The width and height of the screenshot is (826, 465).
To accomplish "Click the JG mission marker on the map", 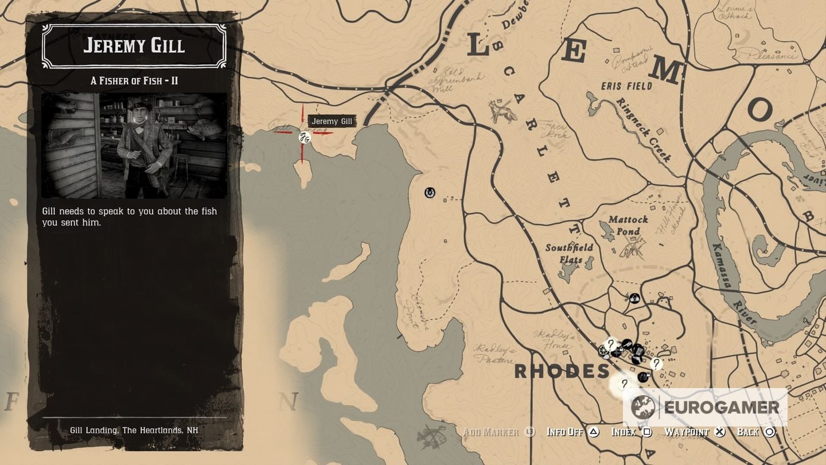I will click(x=305, y=137).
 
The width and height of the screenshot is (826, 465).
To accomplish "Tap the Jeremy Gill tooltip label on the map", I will click(x=332, y=121).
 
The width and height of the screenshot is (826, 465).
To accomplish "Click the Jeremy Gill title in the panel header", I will click(x=134, y=45).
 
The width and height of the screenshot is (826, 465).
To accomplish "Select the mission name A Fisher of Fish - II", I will click(x=134, y=81).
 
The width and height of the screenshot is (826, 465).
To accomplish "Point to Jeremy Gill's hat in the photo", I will click(x=139, y=106).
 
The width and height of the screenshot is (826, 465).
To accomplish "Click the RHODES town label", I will click(x=562, y=371).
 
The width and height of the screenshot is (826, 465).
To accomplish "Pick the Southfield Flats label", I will click(x=569, y=254).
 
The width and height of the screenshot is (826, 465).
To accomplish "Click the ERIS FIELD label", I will click(x=627, y=86).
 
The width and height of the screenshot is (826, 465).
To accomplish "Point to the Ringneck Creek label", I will click(x=644, y=129).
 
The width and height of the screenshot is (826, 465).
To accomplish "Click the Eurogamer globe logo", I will click(x=643, y=408).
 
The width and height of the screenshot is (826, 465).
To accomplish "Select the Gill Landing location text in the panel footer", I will click(x=134, y=430).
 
